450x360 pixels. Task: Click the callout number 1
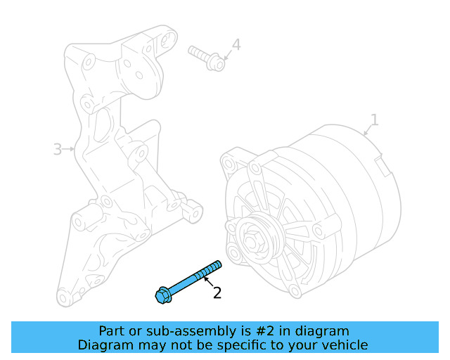[374, 120]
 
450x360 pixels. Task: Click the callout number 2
[217, 292]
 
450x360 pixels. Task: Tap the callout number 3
[58, 149]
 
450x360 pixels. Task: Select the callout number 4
[236, 45]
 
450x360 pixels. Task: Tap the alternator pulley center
[254, 239]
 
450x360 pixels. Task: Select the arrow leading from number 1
[366, 131]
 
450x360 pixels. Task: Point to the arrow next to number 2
[207, 283]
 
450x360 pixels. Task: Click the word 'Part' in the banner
[112, 331]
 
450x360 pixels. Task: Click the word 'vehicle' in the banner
[343, 345]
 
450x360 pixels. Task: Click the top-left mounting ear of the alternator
[228, 162]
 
